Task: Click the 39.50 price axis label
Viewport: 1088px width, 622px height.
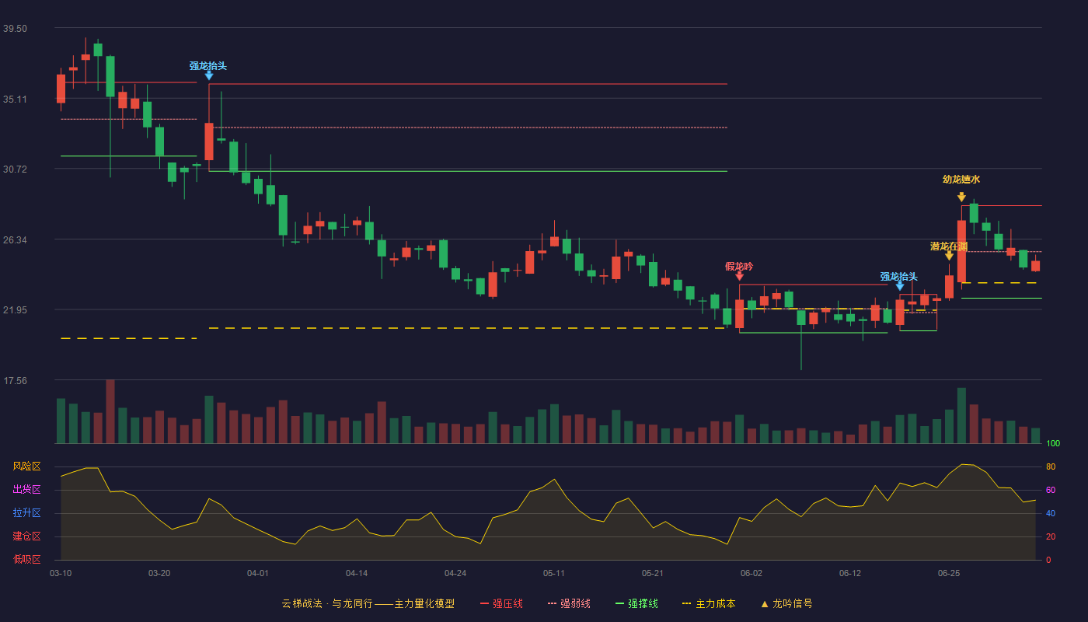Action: point(15,29)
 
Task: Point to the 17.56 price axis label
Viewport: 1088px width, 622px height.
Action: point(15,381)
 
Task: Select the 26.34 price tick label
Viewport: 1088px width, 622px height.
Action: point(15,240)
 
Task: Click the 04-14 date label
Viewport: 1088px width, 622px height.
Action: point(357,574)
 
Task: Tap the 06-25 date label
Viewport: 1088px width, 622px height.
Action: point(949,574)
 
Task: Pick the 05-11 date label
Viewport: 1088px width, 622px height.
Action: point(553,574)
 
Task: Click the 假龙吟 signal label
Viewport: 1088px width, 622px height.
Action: point(739,266)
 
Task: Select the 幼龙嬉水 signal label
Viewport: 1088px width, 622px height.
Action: point(961,180)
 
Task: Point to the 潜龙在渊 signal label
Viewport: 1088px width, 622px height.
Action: point(949,246)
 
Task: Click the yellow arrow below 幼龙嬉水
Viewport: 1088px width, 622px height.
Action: point(961,197)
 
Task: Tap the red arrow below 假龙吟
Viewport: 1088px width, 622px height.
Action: point(739,276)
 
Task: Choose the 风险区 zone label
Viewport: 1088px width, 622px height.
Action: point(26,466)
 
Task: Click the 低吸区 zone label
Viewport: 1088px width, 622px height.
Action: point(26,560)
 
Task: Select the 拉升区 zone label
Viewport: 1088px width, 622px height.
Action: point(26,513)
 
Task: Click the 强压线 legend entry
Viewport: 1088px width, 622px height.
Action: point(501,603)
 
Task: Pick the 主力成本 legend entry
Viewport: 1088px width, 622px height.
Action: point(709,603)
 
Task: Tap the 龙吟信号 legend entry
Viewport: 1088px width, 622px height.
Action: point(786,603)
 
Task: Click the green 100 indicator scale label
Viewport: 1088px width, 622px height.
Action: point(1053,443)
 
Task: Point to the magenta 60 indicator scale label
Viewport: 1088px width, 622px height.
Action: point(1051,490)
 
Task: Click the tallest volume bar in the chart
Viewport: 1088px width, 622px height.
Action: point(110,411)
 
